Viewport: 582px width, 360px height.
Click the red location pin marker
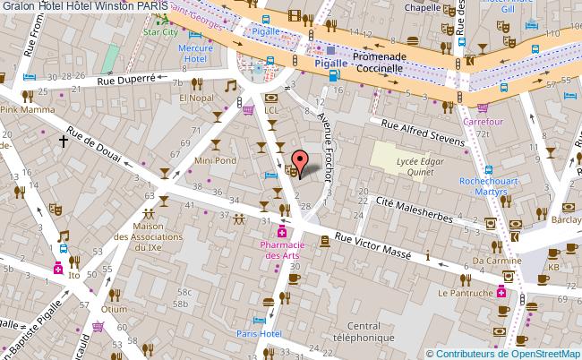click(x=301, y=160)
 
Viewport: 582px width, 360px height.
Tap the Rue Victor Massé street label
click(x=373, y=246)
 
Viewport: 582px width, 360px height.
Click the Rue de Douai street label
click(x=92, y=146)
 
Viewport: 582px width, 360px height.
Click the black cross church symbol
click(x=64, y=140)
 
